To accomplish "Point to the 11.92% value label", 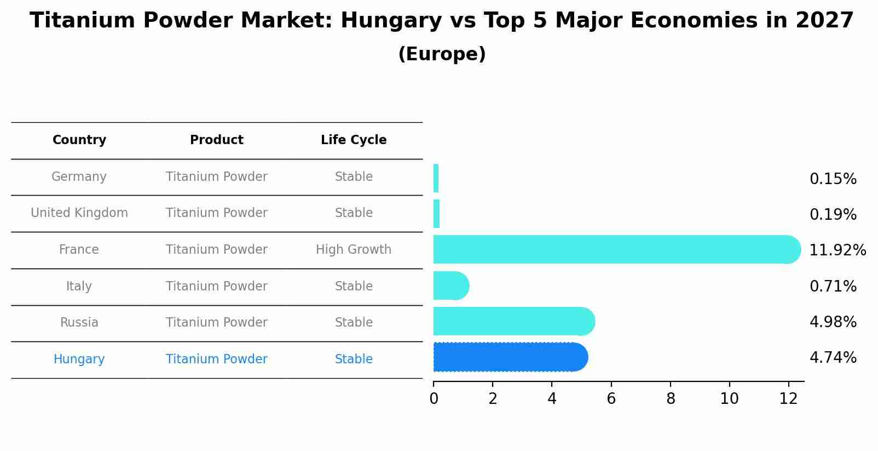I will (x=837, y=250).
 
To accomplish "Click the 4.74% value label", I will (x=833, y=358).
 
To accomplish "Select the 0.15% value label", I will (x=833, y=179).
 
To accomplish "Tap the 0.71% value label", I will (x=833, y=287).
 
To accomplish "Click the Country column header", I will (x=79, y=140).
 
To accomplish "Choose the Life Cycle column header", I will (x=354, y=140).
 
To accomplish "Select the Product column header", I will (x=217, y=140).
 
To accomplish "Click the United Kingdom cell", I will (x=79, y=213).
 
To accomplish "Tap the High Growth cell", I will (x=354, y=250).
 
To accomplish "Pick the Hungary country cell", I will (x=79, y=359).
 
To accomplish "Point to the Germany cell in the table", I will (x=79, y=177).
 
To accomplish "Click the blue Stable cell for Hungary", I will (x=354, y=359).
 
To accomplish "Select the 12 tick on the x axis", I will (x=788, y=399).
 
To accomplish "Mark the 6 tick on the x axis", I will (x=611, y=399).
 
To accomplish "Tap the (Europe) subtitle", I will (x=442, y=54).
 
